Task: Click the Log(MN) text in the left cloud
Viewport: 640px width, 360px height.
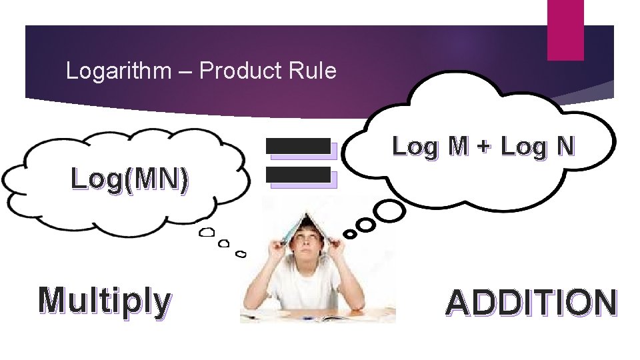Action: pyautogui.click(x=129, y=179)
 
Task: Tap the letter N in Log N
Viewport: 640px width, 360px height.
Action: pyautogui.click(x=565, y=146)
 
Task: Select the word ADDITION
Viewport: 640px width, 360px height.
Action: pyautogui.click(x=531, y=303)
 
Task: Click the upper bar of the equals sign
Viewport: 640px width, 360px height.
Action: pyautogui.click(x=299, y=146)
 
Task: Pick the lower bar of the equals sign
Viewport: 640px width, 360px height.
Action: pyautogui.click(x=299, y=175)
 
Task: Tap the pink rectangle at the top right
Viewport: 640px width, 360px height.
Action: pyautogui.click(x=565, y=29)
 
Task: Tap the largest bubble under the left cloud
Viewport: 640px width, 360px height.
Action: pyautogui.click(x=208, y=232)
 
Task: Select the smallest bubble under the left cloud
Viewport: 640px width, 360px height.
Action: pyautogui.click(x=241, y=254)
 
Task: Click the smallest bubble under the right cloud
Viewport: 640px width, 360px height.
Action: pyautogui.click(x=349, y=235)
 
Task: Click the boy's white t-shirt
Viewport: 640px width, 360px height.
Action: pyautogui.click(x=303, y=287)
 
